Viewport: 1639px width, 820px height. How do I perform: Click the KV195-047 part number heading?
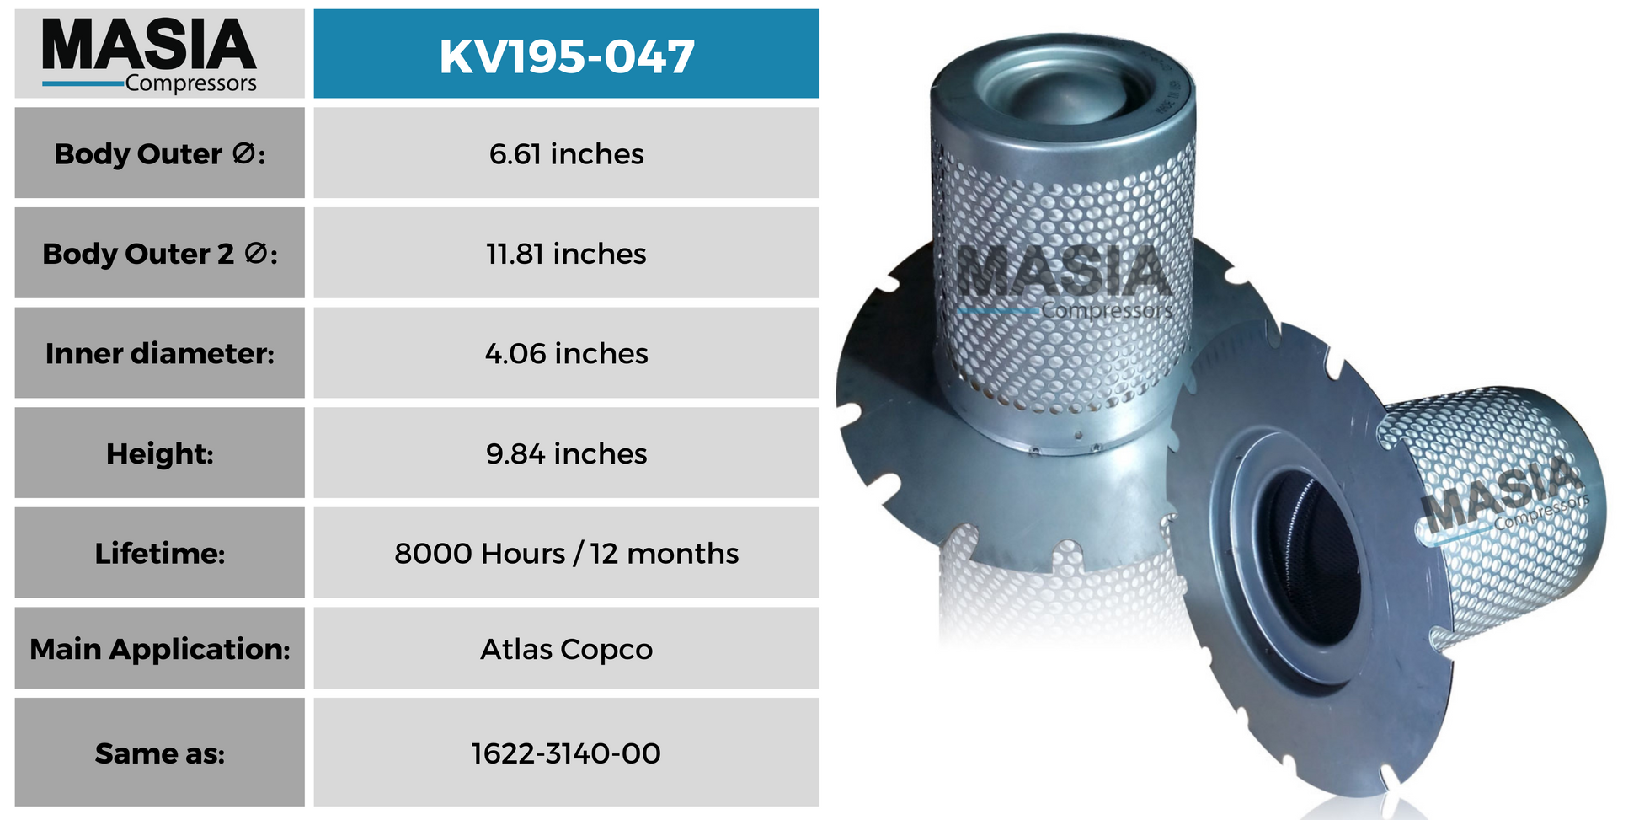click(567, 56)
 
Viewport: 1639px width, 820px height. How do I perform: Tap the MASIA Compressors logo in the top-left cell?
click(149, 55)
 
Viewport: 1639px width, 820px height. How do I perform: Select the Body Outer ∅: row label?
click(160, 153)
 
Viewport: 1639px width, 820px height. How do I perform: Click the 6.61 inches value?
click(567, 153)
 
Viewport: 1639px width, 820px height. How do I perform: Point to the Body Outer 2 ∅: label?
click(160, 253)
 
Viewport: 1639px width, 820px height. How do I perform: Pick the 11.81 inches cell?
click(567, 253)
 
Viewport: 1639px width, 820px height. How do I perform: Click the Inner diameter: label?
click(160, 353)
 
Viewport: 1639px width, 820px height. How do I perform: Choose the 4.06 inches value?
click(567, 353)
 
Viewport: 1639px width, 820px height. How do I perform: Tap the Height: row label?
click(160, 453)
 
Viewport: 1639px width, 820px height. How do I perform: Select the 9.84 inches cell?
click(567, 453)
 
